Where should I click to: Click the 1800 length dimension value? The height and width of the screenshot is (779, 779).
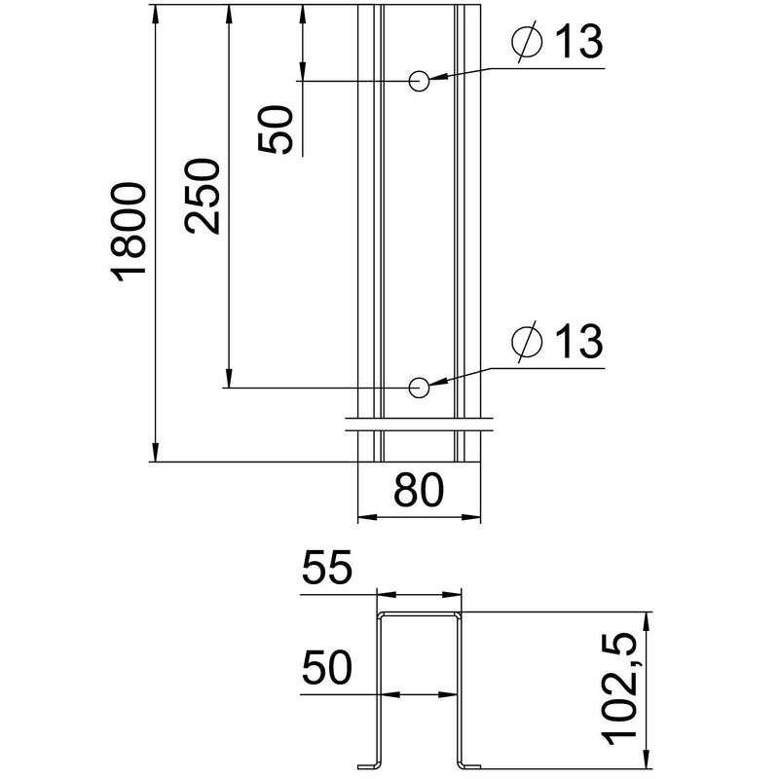(x=129, y=232)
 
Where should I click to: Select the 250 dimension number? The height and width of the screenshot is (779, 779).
(x=202, y=197)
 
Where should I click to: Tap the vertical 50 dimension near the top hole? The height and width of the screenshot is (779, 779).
(x=275, y=130)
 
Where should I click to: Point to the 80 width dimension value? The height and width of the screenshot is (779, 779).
(x=419, y=490)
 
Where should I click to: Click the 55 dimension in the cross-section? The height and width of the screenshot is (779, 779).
(x=327, y=567)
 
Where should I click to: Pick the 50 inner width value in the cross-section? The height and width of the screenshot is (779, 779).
(x=327, y=667)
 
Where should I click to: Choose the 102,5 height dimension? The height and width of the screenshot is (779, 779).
(x=619, y=689)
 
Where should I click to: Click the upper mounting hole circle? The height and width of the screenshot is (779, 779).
(x=419, y=81)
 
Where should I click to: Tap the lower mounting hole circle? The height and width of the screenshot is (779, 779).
(x=419, y=388)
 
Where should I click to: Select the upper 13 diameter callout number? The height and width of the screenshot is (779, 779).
(x=578, y=40)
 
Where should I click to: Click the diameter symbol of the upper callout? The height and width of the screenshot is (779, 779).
(x=527, y=41)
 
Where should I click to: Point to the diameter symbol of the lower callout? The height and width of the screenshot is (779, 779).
(x=527, y=342)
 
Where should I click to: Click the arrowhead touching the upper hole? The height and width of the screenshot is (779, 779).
(x=439, y=78)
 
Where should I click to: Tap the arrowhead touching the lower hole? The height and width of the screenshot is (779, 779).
(x=439, y=383)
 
